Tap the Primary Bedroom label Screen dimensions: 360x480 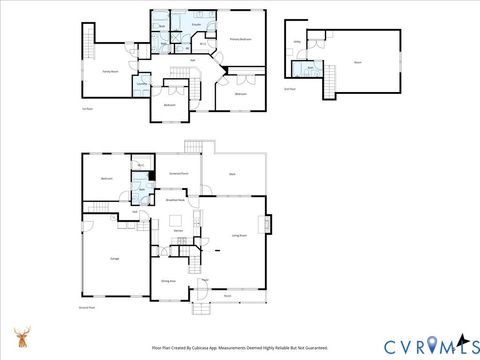pos(239,40)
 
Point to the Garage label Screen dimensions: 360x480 pos(102,257)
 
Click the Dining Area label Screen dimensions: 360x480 pos(169,281)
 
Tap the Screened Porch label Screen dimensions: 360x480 pos(180,173)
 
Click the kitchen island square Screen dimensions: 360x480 pos(177,221)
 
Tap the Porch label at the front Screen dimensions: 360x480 pos(228,295)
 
